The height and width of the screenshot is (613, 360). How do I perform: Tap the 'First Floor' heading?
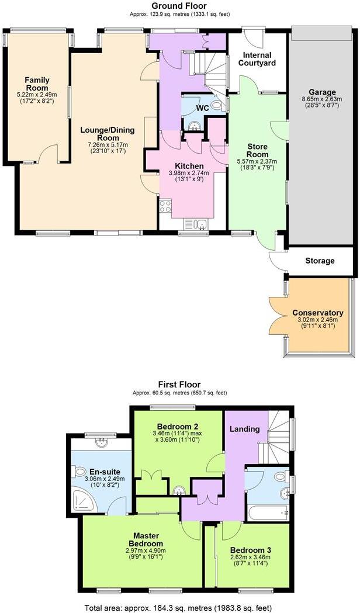(179, 385)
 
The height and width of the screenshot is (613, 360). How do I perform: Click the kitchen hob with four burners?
(165, 206)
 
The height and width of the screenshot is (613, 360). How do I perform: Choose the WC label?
(202, 108)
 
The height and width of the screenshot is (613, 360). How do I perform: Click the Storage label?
(320, 261)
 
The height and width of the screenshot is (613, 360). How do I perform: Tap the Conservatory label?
(318, 313)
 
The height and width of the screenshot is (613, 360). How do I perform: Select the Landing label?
(244, 429)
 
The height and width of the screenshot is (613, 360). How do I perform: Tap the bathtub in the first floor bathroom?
(267, 513)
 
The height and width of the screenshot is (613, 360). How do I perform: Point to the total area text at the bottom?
(179, 607)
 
